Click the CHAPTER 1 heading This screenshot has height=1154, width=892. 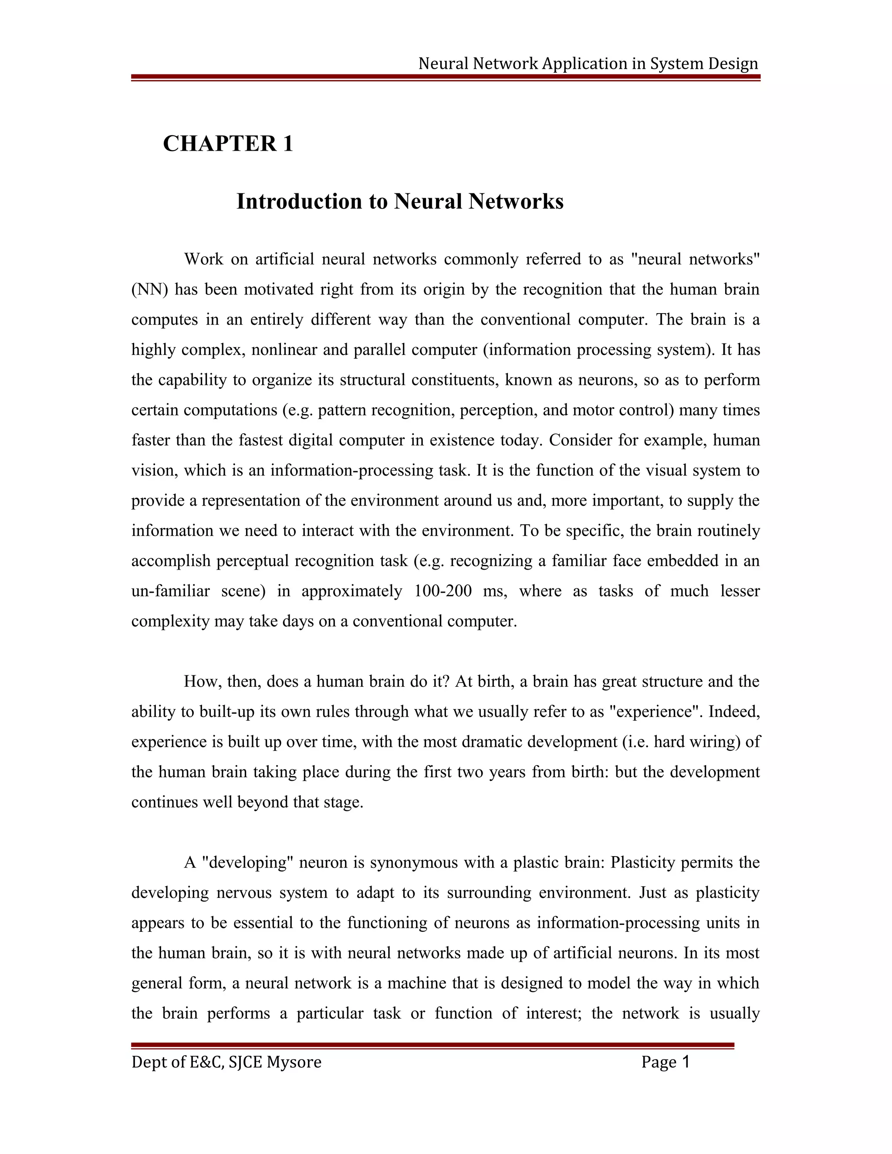click(228, 144)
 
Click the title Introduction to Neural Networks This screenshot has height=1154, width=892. click(399, 201)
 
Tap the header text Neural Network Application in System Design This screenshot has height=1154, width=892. click(588, 64)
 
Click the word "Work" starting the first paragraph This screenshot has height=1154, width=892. click(203, 260)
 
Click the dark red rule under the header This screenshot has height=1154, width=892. click(446, 78)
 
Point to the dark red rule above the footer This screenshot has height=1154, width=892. click(432, 1045)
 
